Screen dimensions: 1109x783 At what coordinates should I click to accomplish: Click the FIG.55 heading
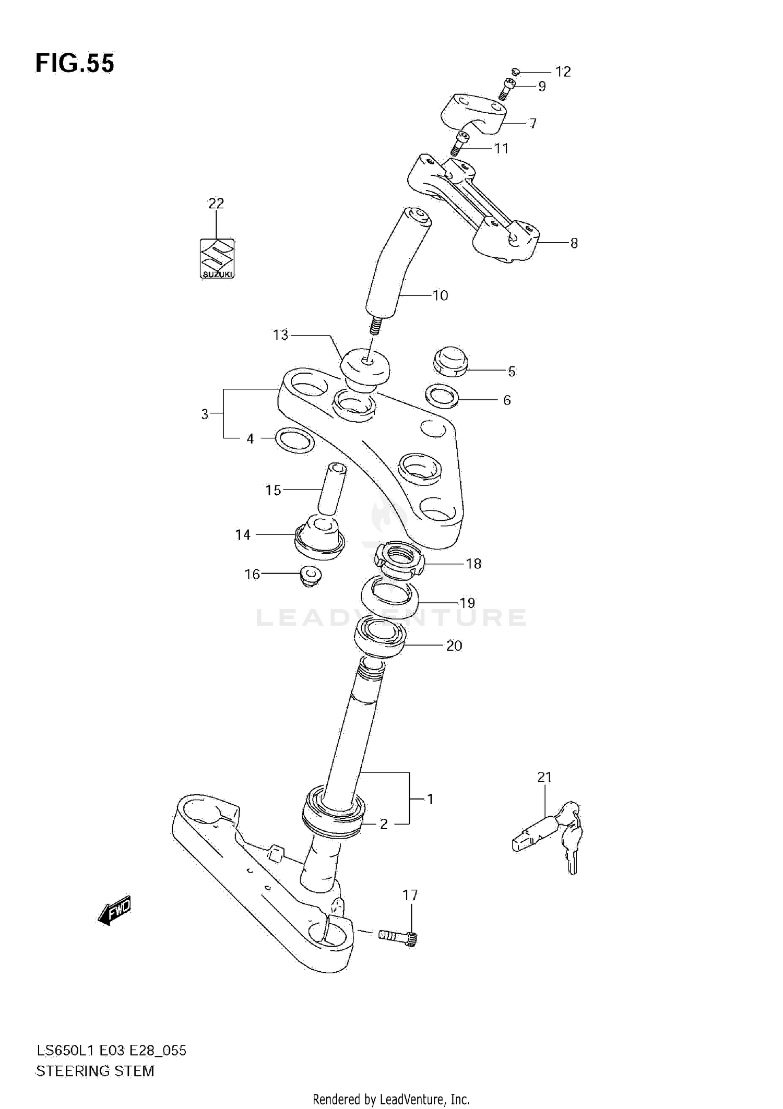75,64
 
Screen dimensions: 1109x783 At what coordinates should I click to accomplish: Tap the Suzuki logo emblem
217,259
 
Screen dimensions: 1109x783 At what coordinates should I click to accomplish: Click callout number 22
216,204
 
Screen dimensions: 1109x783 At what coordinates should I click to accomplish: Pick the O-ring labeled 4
294,440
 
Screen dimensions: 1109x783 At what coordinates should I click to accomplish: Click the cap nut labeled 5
450,361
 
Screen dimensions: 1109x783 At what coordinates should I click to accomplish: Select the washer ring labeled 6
443,397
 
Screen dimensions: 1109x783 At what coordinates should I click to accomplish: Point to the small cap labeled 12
515,71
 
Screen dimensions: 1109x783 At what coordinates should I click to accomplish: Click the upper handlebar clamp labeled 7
475,113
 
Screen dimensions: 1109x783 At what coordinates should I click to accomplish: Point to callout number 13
280,335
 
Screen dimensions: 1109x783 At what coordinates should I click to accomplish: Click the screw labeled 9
507,89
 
